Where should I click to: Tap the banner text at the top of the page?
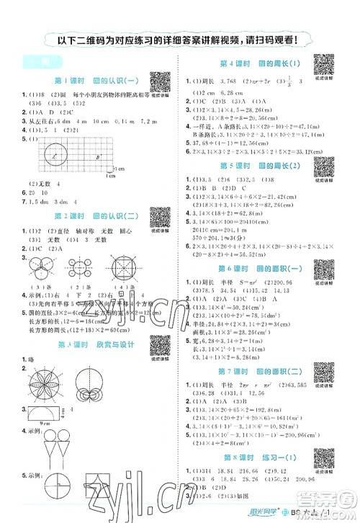[180, 41]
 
